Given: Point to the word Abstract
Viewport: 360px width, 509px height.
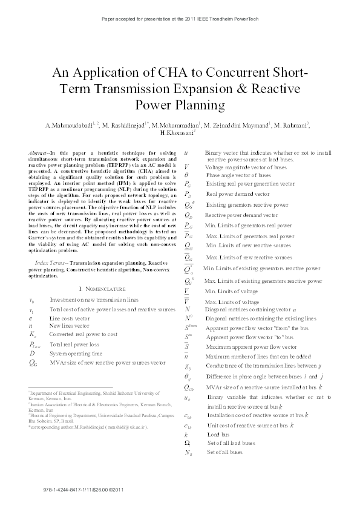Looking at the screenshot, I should click(39, 154).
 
